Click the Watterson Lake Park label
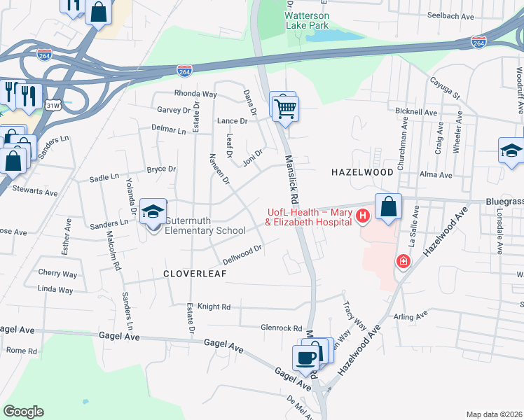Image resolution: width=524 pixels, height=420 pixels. click(x=307, y=18)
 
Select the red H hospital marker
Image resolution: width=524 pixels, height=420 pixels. click(x=362, y=216)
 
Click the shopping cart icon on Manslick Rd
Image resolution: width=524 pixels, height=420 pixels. click(x=286, y=109)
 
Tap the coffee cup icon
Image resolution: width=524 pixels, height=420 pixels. click(x=305, y=358)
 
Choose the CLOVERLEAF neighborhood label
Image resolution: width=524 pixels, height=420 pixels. click(x=195, y=274)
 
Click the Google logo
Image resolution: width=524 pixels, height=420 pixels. click(x=23, y=412)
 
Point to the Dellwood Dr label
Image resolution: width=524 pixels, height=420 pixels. click(x=242, y=252)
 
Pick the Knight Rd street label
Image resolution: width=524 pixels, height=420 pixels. click(x=214, y=307)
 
